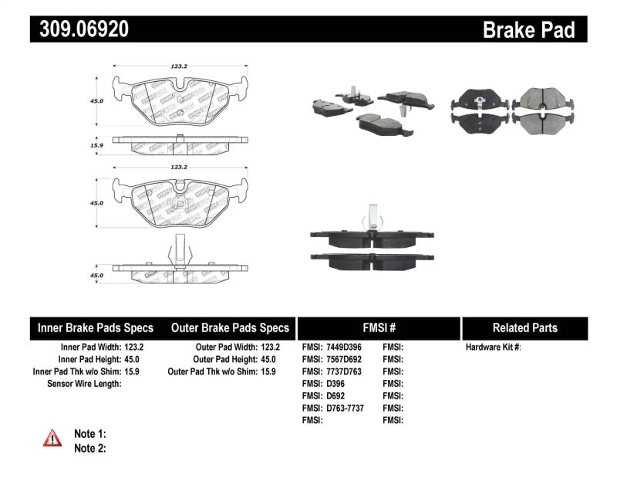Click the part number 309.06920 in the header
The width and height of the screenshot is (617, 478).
click(x=79, y=29)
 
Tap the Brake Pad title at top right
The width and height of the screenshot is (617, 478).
click(x=528, y=29)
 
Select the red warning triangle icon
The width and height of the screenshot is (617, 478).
click(x=52, y=439)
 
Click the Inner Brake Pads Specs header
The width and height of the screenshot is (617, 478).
click(x=96, y=327)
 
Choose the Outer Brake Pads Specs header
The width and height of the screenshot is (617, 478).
click(x=230, y=327)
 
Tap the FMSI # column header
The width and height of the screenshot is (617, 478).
click(x=378, y=327)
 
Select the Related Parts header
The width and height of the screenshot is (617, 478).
click(x=524, y=327)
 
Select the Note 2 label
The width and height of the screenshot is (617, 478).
click(x=89, y=448)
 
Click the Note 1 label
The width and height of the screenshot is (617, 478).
click(x=89, y=434)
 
